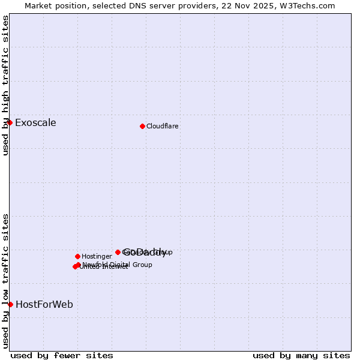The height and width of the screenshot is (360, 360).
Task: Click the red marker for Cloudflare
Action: (142, 126)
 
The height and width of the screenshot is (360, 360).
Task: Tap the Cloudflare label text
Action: (163, 127)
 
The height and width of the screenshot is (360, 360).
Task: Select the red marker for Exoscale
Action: (10, 122)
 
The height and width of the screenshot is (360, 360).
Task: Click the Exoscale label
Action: (35, 123)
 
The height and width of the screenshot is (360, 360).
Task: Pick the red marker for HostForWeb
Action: (10, 304)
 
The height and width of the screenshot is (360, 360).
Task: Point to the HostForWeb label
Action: (44, 305)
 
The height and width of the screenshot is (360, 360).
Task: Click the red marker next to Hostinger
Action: (77, 256)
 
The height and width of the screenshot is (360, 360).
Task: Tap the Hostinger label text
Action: (97, 257)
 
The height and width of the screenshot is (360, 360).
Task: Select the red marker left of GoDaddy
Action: (118, 252)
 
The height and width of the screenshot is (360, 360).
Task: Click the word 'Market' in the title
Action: (38, 5)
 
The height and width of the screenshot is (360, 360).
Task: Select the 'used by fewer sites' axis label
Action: (62, 355)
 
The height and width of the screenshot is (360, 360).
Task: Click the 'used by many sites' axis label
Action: (301, 355)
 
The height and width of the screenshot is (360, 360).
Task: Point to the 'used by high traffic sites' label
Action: (5, 85)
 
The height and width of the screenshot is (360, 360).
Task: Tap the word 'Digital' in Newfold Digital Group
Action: (121, 265)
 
